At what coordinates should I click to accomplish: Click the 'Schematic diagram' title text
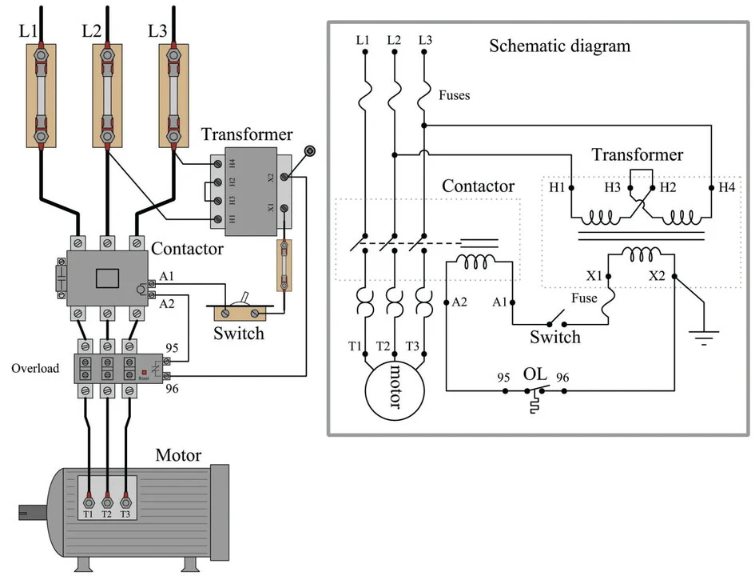559,46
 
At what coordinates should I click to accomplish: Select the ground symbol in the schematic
703,338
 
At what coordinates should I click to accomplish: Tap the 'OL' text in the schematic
534,374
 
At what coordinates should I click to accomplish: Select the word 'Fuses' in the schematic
455,95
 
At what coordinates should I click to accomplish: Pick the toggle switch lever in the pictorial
245,301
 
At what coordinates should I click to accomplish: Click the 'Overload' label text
35,369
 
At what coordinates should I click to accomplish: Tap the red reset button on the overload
144,372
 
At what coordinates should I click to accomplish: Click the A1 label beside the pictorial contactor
167,276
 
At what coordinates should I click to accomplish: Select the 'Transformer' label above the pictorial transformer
247,134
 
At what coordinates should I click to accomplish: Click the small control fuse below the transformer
284,264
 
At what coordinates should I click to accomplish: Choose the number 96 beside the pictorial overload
172,389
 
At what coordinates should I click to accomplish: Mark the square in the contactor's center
107,278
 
